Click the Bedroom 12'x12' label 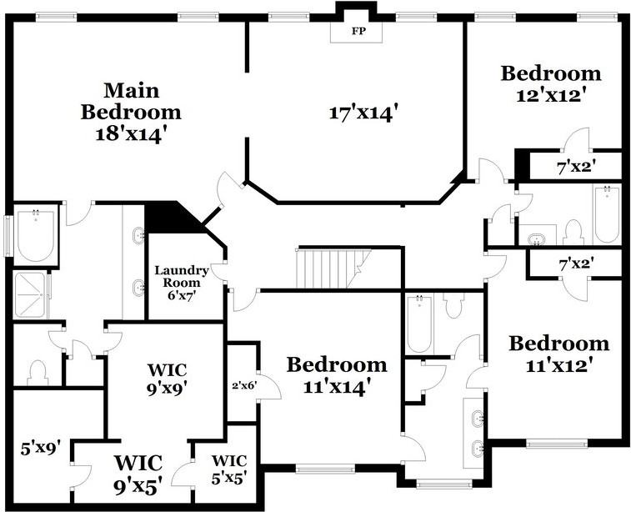550,83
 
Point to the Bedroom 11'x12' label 558,354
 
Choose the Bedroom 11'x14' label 337,374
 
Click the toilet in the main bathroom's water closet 38,370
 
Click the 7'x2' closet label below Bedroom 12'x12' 576,166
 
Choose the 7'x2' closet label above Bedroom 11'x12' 576,264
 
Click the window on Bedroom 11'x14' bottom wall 320,469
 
